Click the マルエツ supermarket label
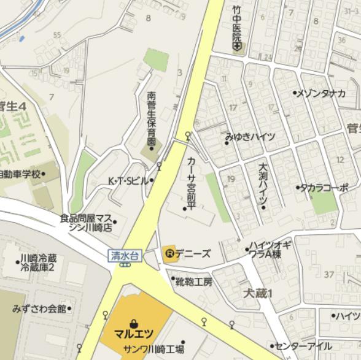(134, 335)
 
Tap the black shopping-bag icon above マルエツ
(134, 323)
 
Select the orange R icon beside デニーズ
(169, 253)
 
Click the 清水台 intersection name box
(126, 254)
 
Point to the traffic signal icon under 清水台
(125, 264)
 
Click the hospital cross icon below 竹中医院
(237, 48)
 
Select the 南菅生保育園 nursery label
(152, 117)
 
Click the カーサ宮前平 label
(190, 181)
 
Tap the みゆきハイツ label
(250, 137)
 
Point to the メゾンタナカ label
(321, 93)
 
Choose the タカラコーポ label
(324, 188)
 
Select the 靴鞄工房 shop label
(193, 282)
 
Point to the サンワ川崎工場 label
(153, 350)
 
